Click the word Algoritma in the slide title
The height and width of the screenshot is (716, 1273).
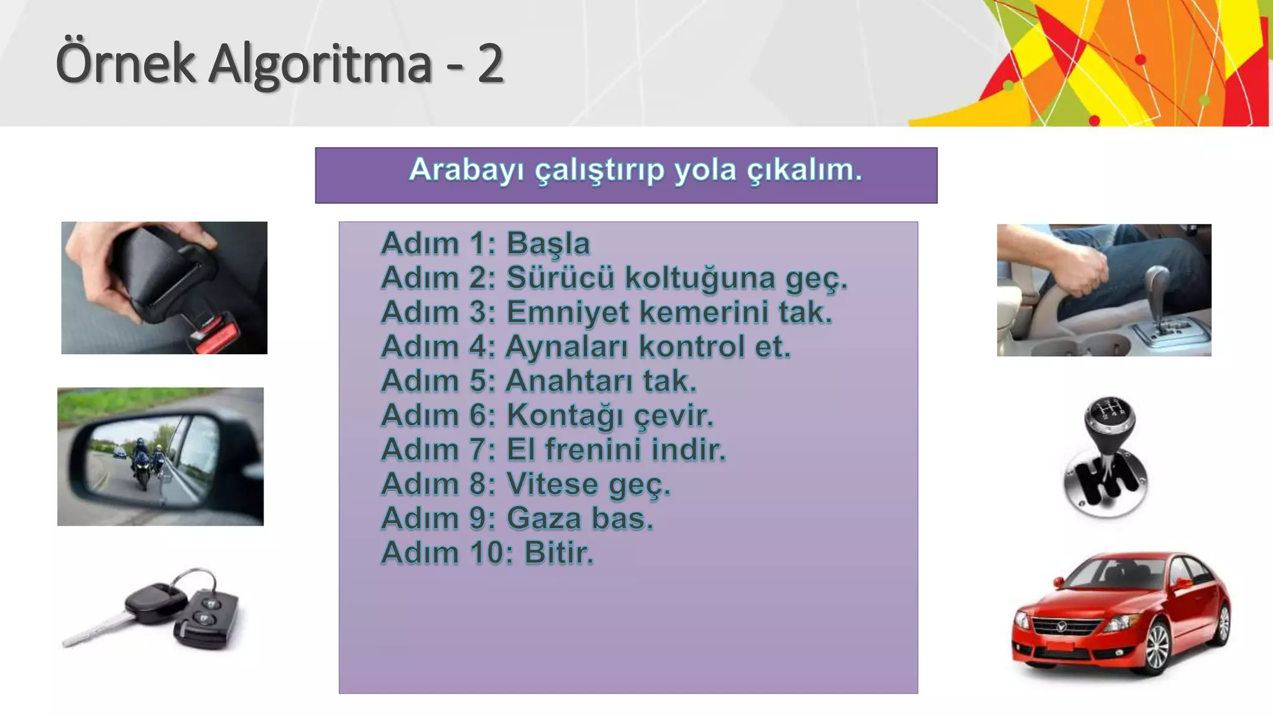click(x=319, y=65)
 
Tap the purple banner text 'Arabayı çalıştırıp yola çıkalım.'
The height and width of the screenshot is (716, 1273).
click(x=635, y=170)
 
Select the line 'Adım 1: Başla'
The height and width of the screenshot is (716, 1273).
click(x=485, y=243)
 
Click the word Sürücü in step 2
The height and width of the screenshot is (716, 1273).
click(x=560, y=278)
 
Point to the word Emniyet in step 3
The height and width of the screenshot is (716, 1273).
click(x=568, y=312)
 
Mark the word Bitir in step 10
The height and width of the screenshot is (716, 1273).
click(x=556, y=553)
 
